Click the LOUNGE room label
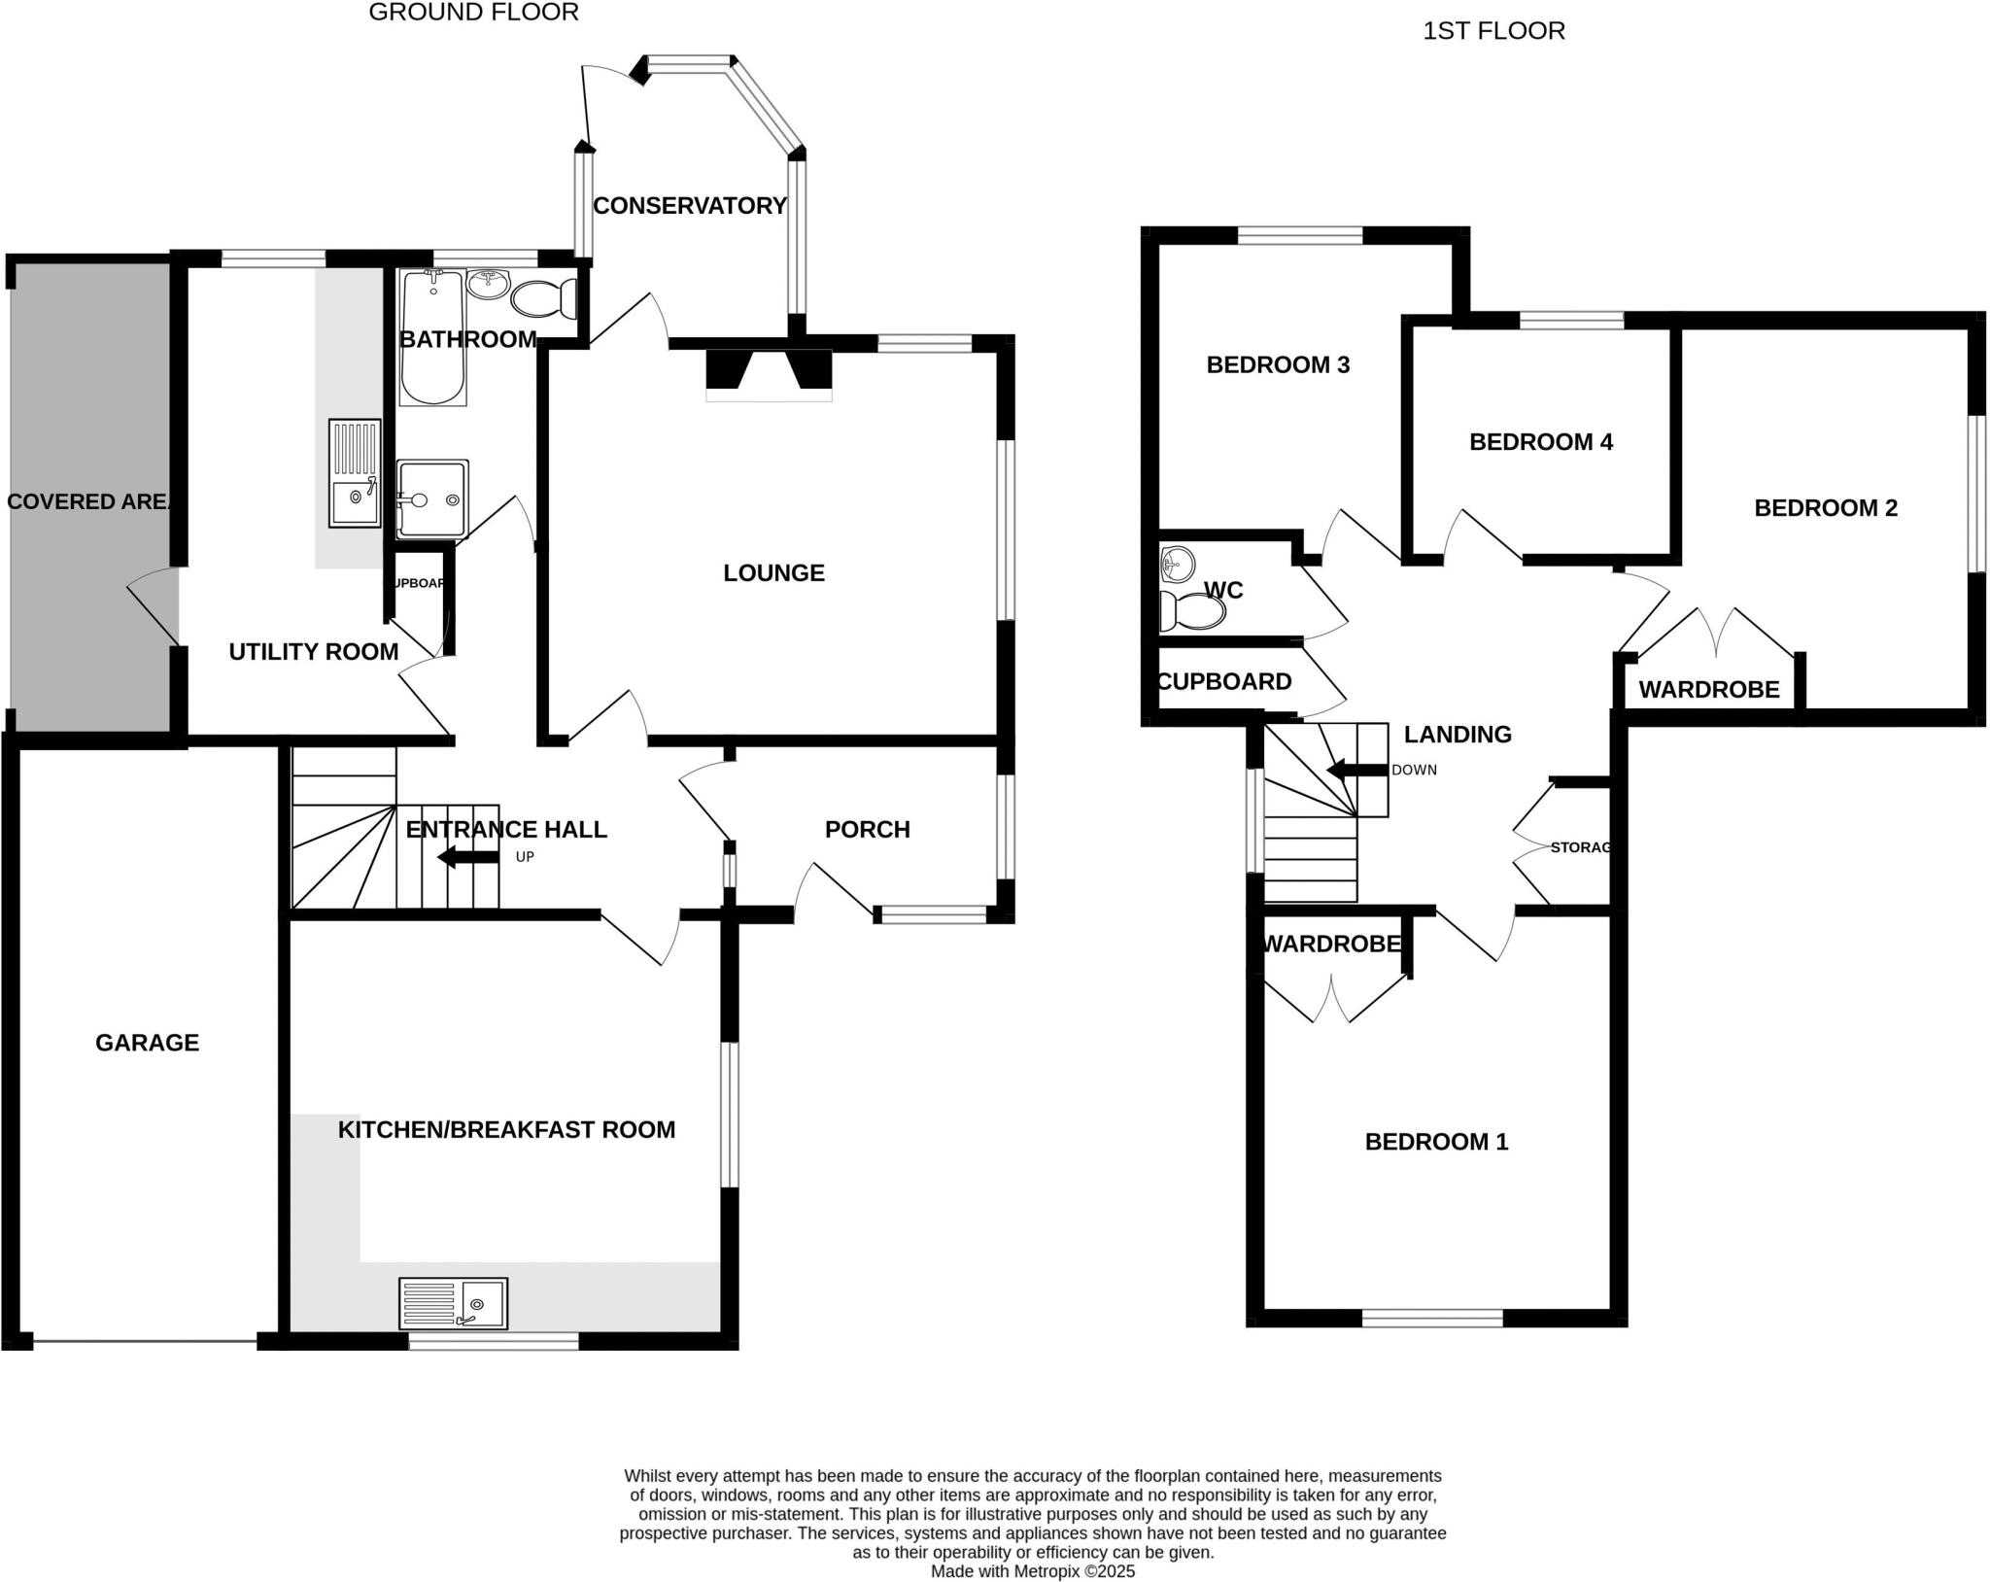tap(773, 573)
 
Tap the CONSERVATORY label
tap(689, 206)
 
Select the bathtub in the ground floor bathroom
tap(432, 338)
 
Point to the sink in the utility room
tap(355, 473)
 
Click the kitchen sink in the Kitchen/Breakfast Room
tap(453, 1303)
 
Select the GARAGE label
tap(147, 1043)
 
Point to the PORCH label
tap(867, 830)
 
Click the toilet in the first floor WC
tap(1193, 612)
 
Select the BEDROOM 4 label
tap(1540, 442)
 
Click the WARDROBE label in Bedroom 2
tap(1708, 690)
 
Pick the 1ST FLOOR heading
tap(1493, 31)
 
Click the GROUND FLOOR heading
tap(473, 13)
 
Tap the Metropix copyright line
tap(1032, 1571)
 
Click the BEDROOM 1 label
tap(1436, 1142)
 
